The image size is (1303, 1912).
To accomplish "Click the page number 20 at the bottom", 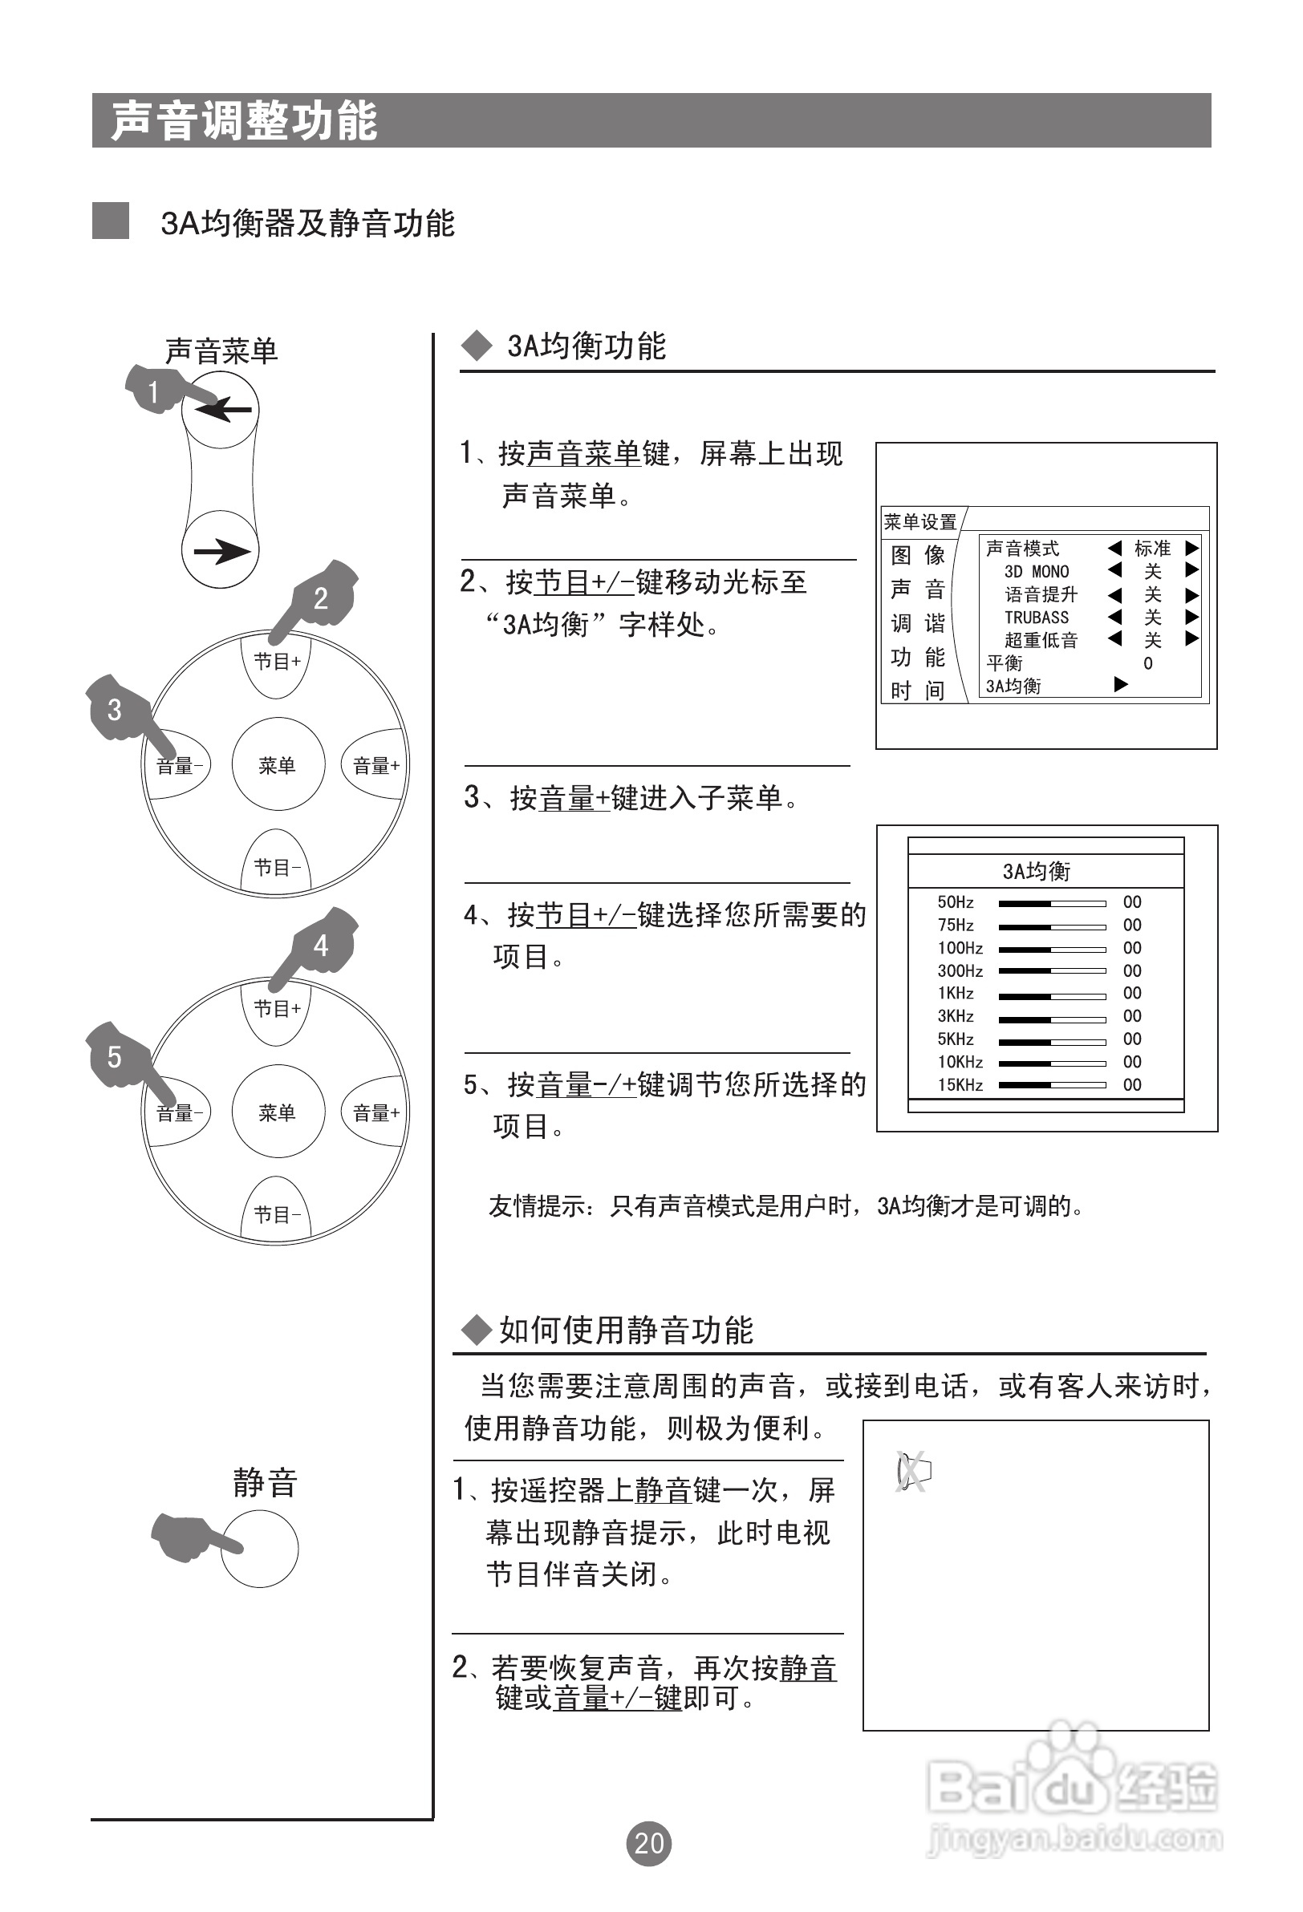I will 648,1843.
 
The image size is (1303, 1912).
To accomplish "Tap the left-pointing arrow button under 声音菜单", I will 221,410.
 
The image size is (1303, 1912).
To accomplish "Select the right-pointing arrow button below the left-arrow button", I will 221,550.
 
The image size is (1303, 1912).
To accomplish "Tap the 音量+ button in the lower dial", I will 375,1113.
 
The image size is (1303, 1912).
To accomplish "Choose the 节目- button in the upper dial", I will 277,867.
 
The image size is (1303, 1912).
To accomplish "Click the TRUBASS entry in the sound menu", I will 1037,617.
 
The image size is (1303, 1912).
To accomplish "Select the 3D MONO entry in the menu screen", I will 1037,572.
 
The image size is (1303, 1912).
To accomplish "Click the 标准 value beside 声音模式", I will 1151,549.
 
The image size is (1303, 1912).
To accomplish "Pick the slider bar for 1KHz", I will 1051,995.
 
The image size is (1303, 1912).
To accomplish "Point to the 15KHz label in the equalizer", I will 960,1085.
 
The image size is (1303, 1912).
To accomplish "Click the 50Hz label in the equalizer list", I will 955,902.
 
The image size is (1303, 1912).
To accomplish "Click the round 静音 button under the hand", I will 260,1549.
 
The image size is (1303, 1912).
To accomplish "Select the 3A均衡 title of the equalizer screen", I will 1037,871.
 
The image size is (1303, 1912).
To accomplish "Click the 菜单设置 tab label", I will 919,521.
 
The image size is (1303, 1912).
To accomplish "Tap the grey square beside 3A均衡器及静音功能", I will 110,221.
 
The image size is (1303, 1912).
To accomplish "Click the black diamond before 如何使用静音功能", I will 476,1331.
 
